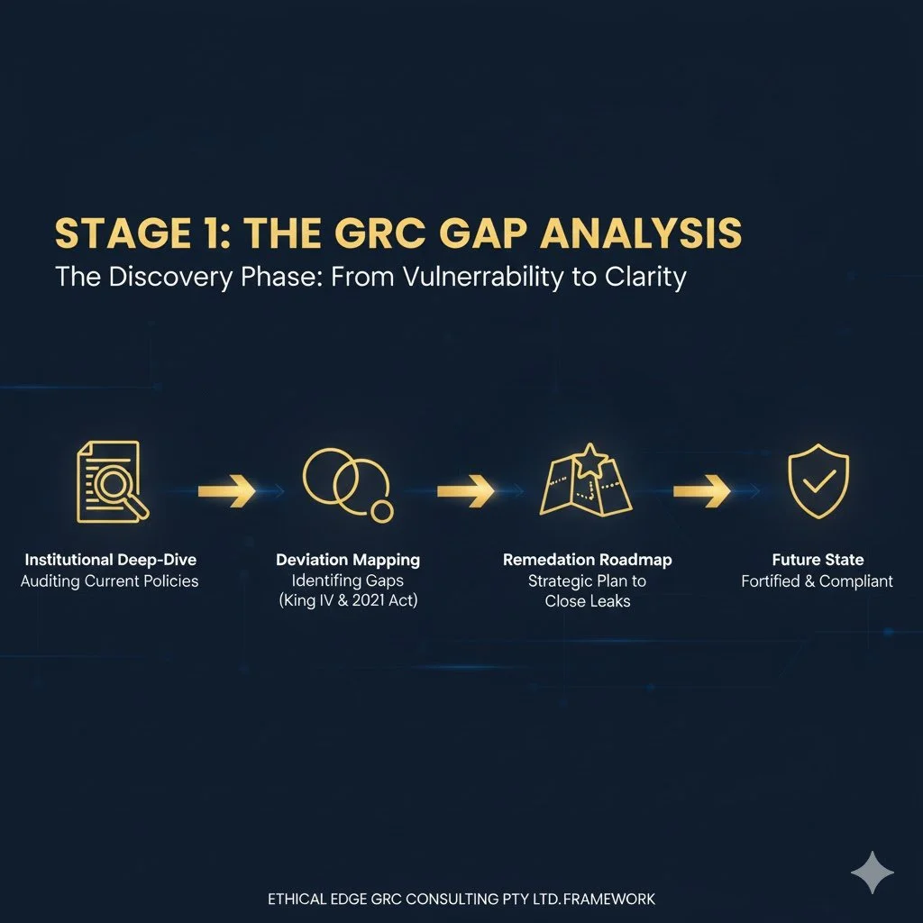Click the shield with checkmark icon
coord(818,482)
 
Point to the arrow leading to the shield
coord(701,490)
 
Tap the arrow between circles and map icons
coord(465,490)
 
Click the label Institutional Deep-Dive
coord(110,560)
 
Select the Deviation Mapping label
coord(348,560)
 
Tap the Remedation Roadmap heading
coord(587,560)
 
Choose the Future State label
coord(818,560)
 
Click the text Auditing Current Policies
coord(110,581)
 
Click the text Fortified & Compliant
coord(818,581)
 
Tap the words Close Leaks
coord(587,602)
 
